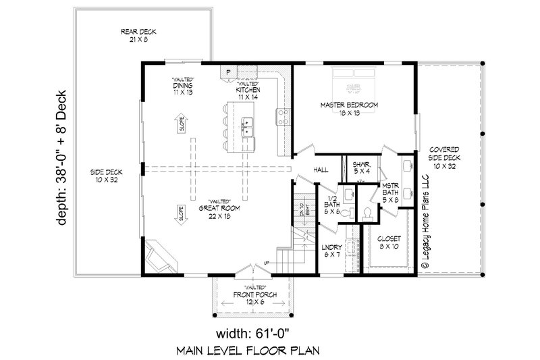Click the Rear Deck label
coord(134,34)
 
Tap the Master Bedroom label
coord(348,109)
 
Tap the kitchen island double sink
coord(248,125)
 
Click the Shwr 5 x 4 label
coord(358,167)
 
